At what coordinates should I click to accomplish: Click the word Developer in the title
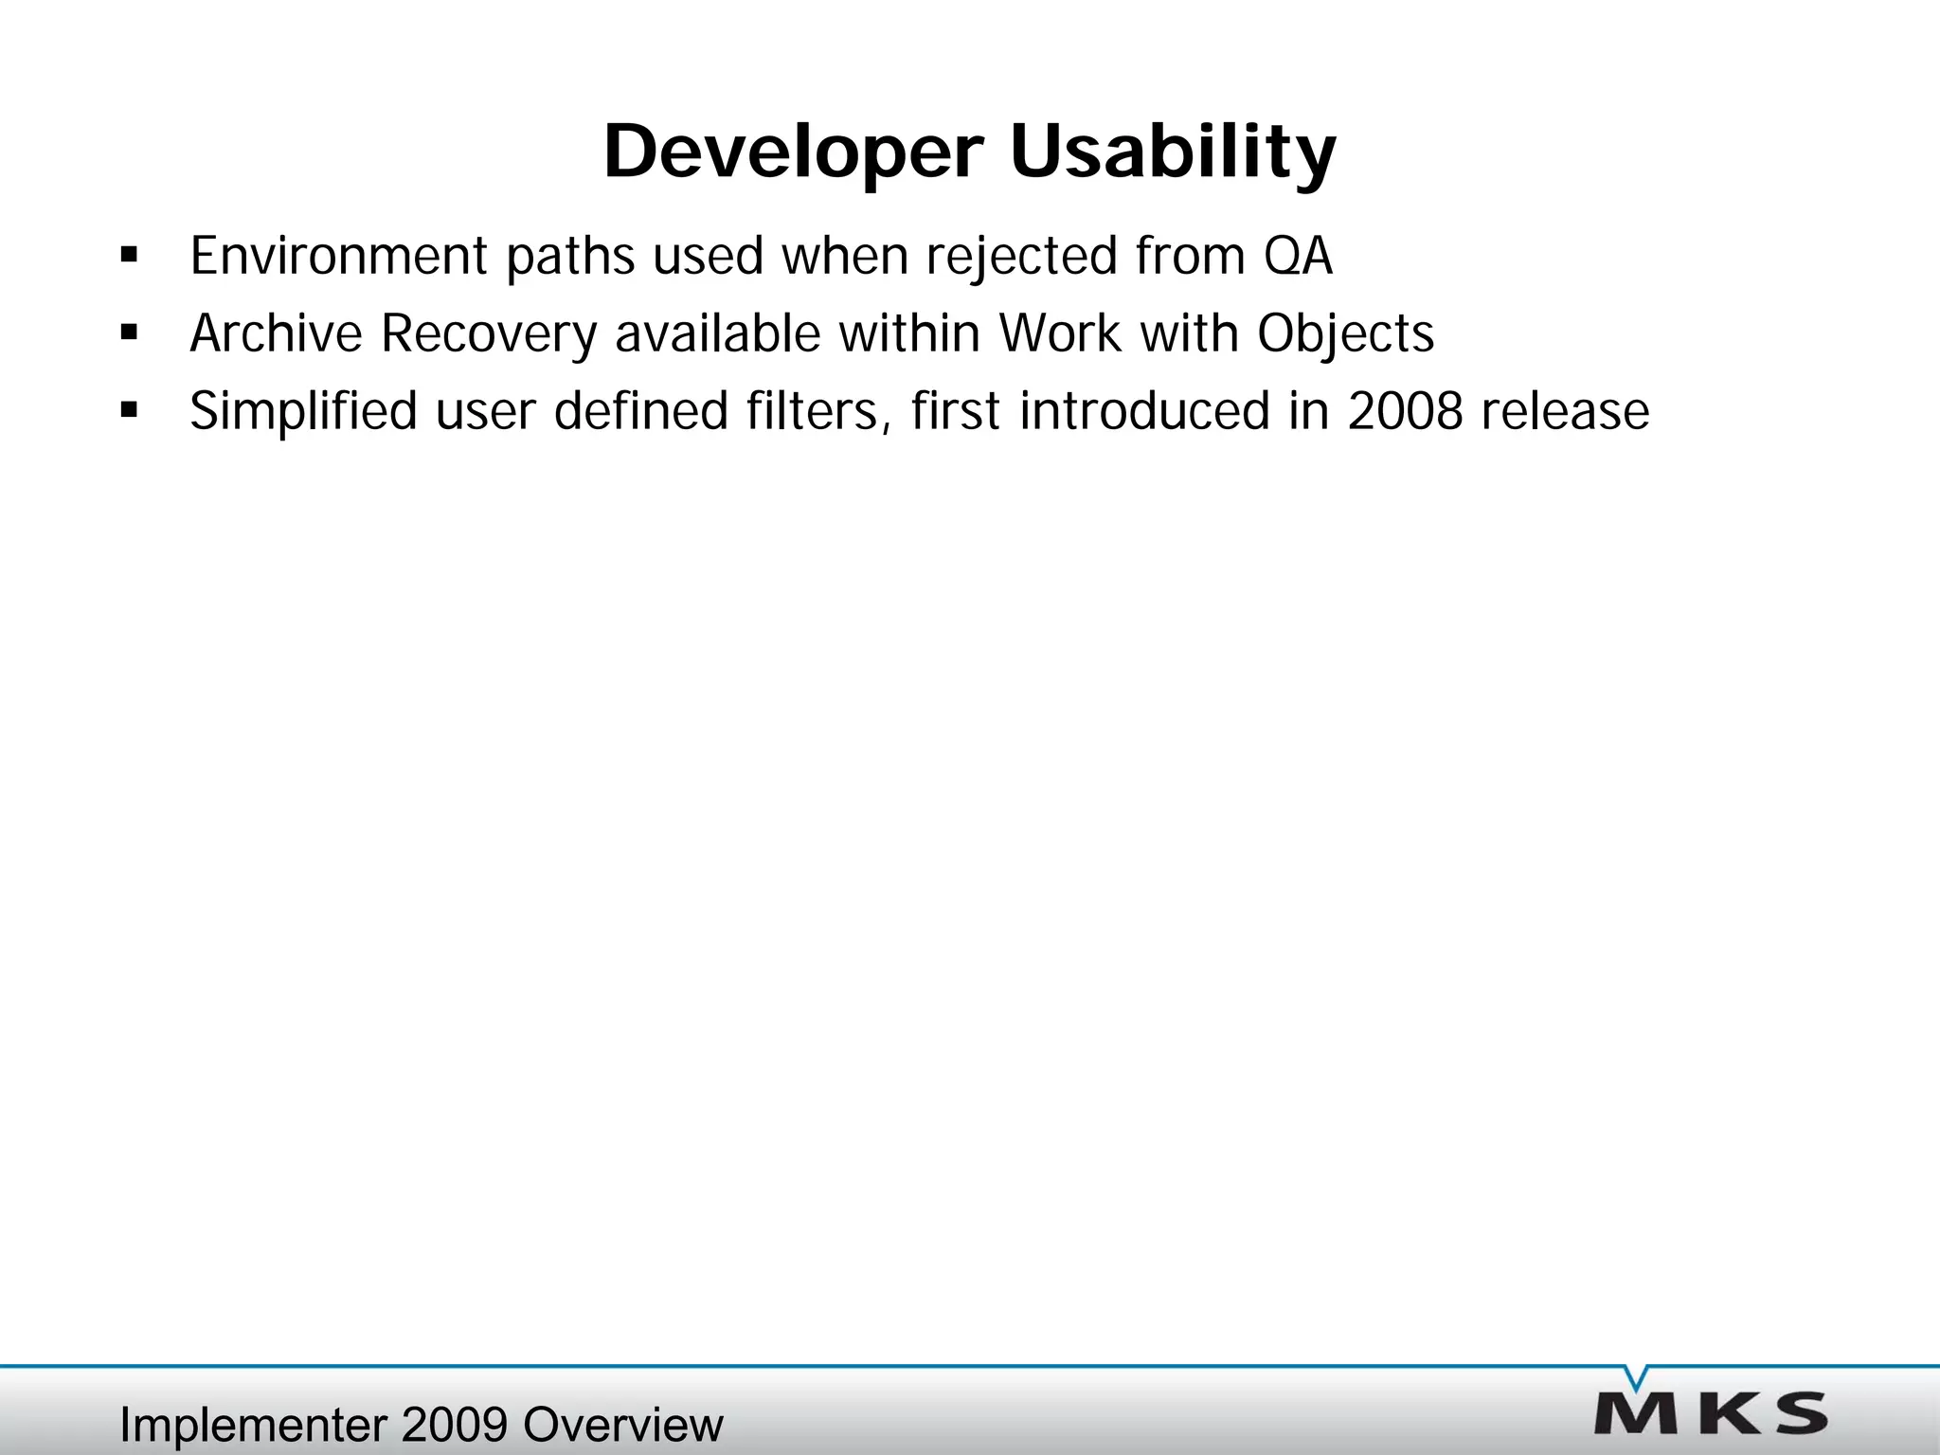794,152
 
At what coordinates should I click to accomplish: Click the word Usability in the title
1173,152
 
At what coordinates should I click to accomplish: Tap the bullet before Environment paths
130,256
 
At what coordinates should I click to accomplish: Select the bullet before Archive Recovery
130,333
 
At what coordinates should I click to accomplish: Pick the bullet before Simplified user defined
130,411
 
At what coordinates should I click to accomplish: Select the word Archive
276,333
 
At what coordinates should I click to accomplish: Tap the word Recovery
489,333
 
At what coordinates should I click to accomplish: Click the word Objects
1345,333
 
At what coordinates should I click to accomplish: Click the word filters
817,411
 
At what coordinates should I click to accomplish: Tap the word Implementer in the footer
253,1425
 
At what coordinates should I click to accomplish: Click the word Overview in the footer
622,1425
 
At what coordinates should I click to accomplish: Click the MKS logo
1711,1414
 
